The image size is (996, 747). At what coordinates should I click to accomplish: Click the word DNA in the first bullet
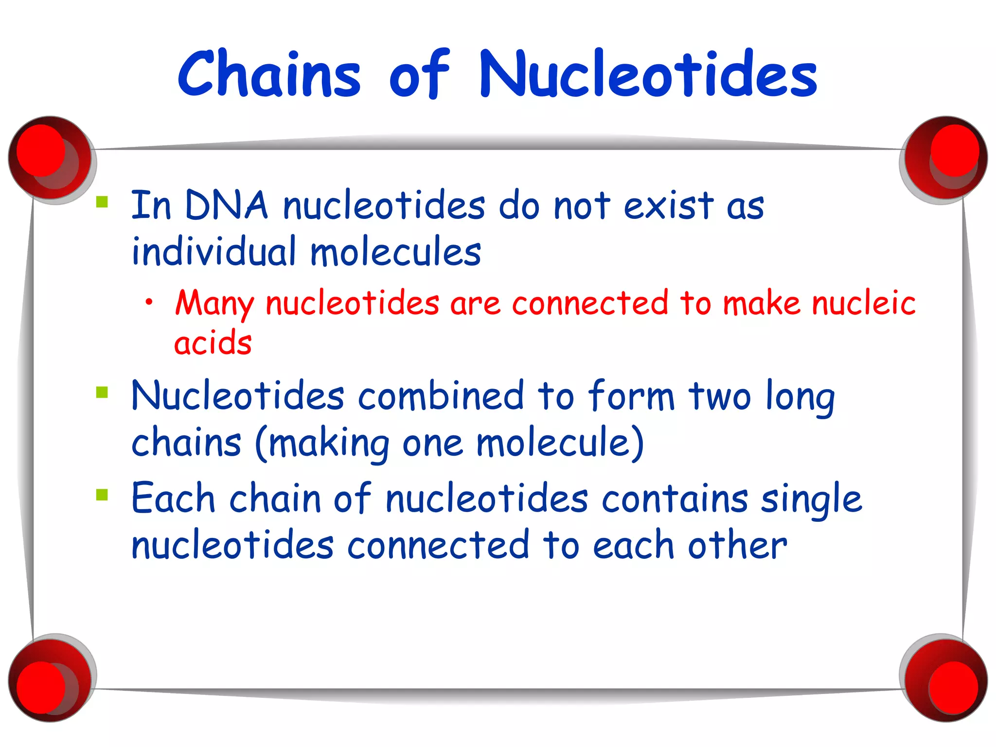click(226, 206)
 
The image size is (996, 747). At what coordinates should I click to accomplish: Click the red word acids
click(213, 343)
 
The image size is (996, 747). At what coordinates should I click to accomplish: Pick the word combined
click(441, 396)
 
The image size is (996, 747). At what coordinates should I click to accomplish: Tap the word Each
click(173, 499)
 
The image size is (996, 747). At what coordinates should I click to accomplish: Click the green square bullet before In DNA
click(102, 202)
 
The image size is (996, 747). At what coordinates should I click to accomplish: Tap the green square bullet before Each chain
click(102, 495)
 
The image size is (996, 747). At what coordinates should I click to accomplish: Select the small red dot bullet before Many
click(149, 302)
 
